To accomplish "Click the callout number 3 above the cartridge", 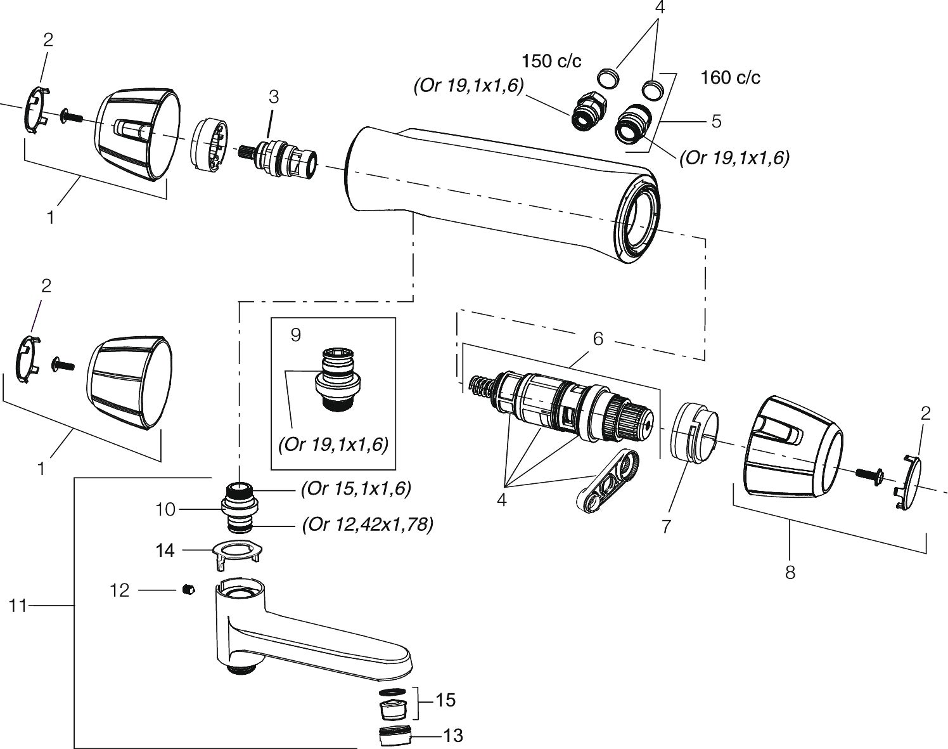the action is coord(274,96).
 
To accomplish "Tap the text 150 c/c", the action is coord(551,62).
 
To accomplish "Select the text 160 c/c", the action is coord(731,77).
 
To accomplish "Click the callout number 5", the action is coord(717,121).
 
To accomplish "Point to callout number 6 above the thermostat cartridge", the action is coord(598,339).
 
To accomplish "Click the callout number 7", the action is coord(666,526).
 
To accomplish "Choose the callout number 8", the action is coord(790,573).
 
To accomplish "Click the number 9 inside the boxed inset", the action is coord(296,335).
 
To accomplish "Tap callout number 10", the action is coord(165,510).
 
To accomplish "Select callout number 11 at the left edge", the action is coord(18,606).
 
